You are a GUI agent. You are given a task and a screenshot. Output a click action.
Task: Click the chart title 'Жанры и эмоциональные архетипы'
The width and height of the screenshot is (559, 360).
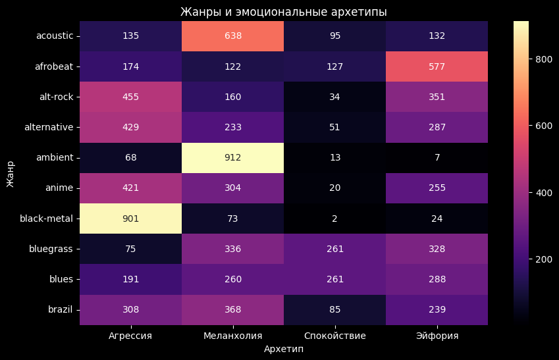284,12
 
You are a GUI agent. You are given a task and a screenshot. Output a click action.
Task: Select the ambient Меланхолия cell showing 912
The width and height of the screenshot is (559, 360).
232,158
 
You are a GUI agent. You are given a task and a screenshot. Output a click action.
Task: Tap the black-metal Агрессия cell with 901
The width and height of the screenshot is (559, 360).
130,219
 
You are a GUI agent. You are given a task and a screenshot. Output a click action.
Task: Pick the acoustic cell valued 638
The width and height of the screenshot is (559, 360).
232,36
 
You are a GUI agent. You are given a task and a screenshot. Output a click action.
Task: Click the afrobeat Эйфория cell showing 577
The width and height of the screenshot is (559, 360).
437,66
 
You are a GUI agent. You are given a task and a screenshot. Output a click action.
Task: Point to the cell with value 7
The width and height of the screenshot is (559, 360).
437,158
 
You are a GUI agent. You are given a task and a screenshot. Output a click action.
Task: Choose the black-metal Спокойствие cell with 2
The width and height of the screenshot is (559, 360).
334,219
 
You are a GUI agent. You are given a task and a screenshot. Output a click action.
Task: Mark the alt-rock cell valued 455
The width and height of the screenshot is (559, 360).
130,97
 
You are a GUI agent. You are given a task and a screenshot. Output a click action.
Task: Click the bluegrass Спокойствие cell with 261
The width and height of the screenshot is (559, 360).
334,249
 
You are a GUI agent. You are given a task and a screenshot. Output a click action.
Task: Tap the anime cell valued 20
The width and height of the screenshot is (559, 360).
334,188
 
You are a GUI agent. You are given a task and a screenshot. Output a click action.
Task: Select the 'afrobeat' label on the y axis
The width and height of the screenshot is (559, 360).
55,66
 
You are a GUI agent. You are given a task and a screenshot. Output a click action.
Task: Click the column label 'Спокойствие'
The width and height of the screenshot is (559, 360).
334,336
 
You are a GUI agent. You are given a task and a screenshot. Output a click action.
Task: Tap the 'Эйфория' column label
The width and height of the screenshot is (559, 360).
437,336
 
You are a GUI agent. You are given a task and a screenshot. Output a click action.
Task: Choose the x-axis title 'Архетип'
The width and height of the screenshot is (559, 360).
284,349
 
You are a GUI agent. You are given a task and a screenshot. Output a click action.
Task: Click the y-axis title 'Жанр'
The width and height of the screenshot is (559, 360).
11,173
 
